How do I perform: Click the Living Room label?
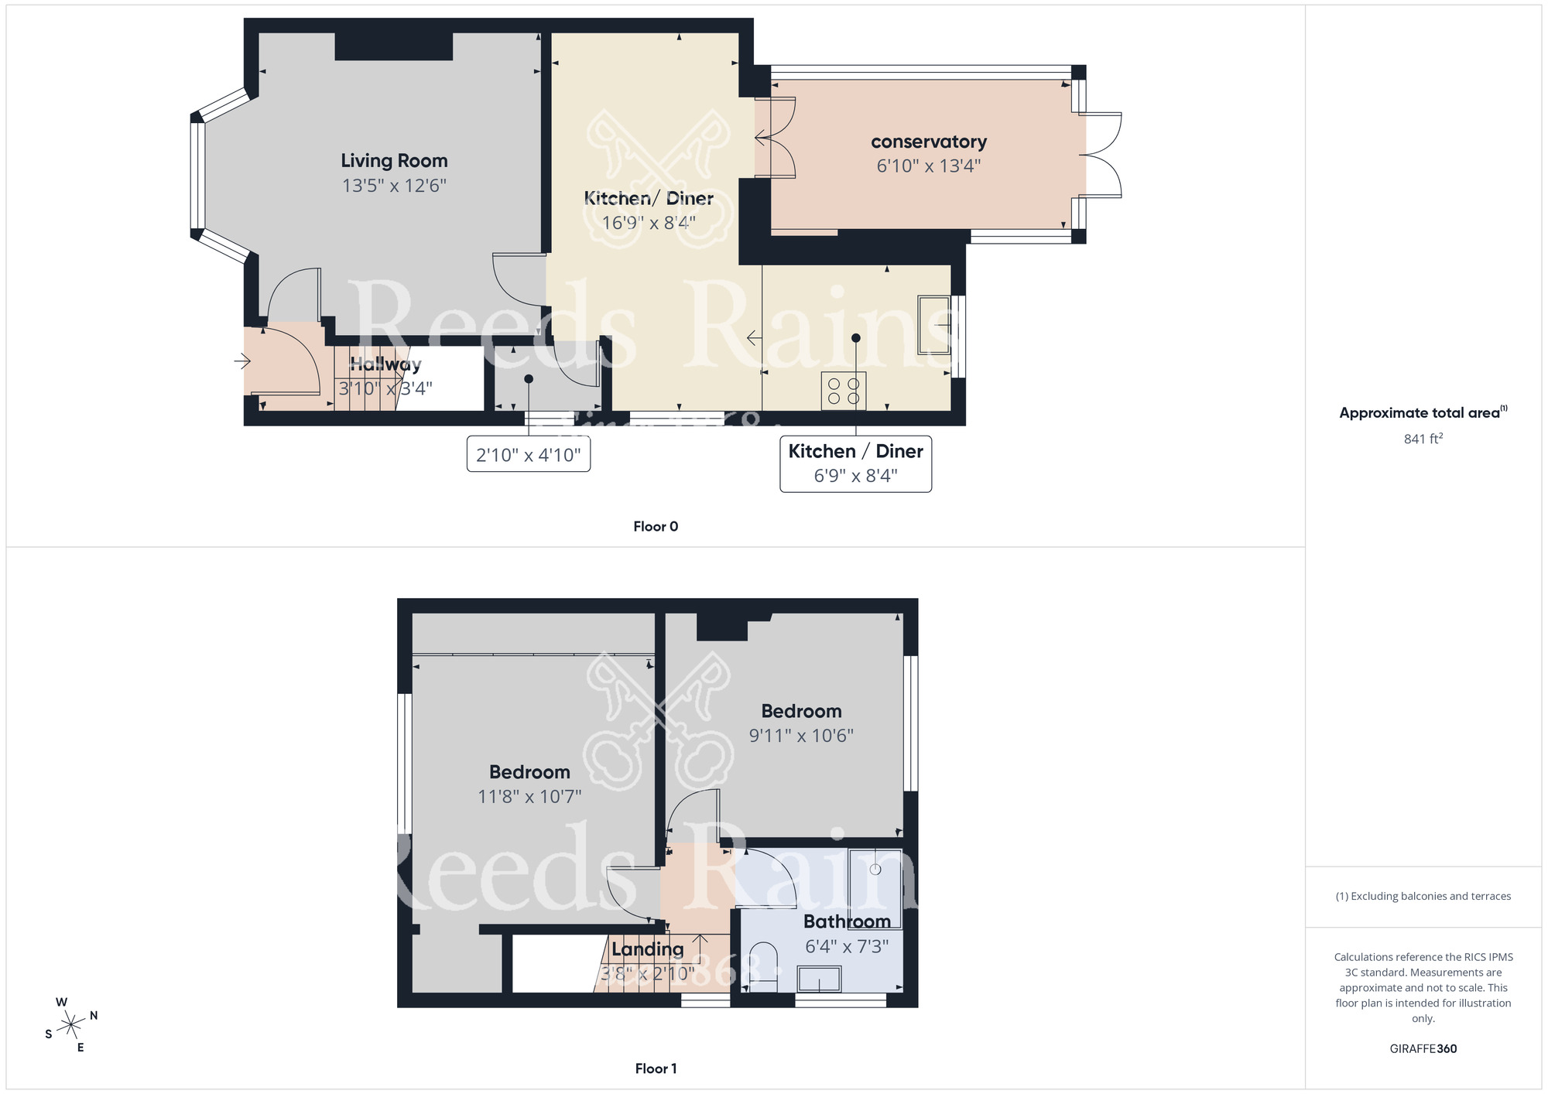click(394, 161)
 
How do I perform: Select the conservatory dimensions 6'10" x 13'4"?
click(928, 166)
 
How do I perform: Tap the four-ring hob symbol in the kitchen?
click(844, 391)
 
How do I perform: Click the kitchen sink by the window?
click(933, 325)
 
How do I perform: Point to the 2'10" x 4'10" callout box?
click(529, 454)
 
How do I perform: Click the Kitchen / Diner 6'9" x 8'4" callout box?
click(855, 463)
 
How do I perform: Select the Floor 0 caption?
click(655, 526)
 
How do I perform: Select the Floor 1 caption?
click(655, 1068)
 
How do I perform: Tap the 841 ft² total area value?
click(1423, 439)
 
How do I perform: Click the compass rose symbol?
click(71, 1025)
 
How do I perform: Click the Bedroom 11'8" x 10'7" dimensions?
click(529, 796)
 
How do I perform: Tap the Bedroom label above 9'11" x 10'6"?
click(801, 711)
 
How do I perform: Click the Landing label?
click(647, 949)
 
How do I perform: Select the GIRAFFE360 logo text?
click(1423, 1049)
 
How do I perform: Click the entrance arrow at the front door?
click(243, 361)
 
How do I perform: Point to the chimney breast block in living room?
click(393, 46)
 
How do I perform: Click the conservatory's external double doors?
click(1101, 155)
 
